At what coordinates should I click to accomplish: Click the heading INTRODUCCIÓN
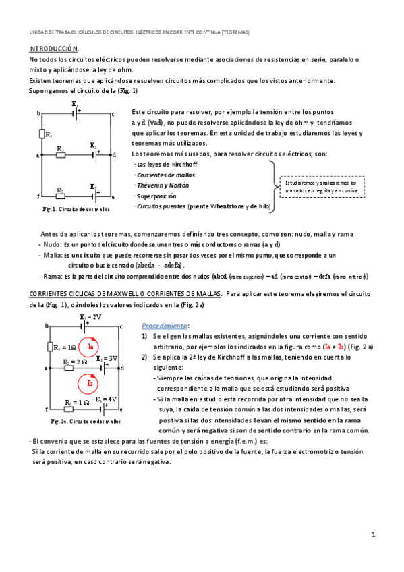click(x=53, y=49)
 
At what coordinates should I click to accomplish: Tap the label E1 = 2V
click(x=90, y=316)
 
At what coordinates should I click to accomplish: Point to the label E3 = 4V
click(x=107, y=399)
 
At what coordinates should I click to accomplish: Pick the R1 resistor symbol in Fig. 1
click(x=42, y=135)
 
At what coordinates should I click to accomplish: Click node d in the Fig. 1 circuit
click(x=114, y=154)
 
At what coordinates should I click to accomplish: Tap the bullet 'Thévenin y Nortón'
click(x=163, y=185)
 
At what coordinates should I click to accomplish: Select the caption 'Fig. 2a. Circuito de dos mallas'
click(x=82, y=421)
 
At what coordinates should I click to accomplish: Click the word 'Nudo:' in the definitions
click(x=51, y=244)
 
